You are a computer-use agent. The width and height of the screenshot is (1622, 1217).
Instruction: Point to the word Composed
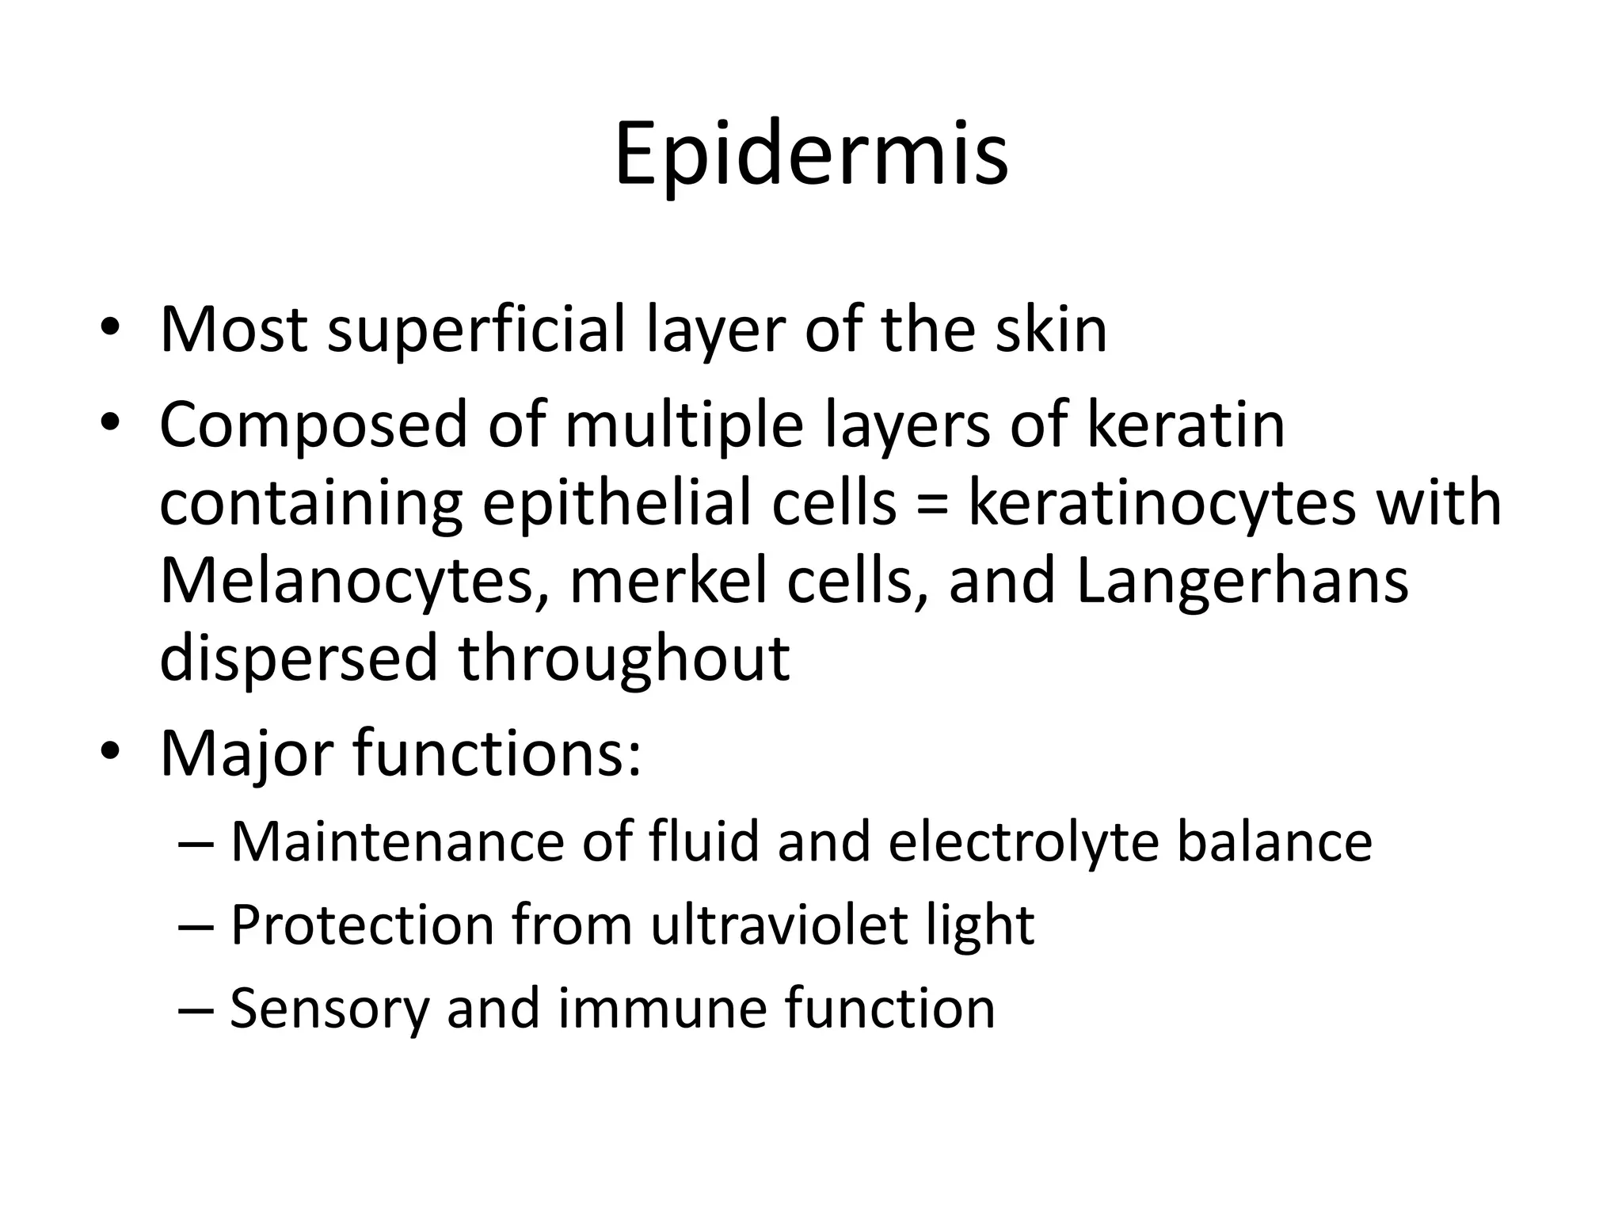[314, 426]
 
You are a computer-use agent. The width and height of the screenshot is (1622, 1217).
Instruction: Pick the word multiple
[684, 426]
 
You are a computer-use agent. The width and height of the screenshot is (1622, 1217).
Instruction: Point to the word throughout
[624, 659]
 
